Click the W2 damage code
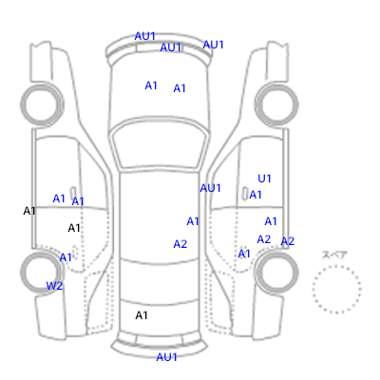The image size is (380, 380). tap(54, 286)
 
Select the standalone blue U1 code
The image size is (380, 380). tap(264, 179)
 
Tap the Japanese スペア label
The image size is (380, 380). tap(334, 255)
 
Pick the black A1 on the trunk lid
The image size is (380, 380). tap(142, 315)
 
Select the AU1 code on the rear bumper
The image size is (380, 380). tap(166, 357)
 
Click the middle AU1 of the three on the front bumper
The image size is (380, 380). tap(170, 47)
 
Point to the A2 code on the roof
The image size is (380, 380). tap(180, 244)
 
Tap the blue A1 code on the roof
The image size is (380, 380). tap(193, 221)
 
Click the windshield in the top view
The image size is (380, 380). tap(161, 145)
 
